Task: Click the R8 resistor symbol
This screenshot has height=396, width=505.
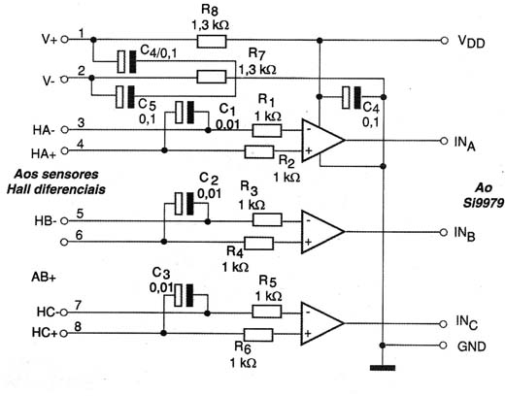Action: [x=212, y=42]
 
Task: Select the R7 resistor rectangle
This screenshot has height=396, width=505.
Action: [x=212, y=77]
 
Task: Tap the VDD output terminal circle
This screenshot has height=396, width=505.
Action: [x=445, y=41]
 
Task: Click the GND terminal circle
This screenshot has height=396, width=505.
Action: [x=443, y=346]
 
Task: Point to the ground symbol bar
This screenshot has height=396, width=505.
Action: [x=383, y=368]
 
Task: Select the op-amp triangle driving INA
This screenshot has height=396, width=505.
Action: [x=322, y=140]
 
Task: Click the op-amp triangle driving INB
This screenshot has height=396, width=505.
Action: [x=322, y=232]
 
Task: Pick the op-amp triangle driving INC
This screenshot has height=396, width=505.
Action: [x=322, y=323]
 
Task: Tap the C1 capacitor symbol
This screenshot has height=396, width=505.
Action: [x=185, y=113]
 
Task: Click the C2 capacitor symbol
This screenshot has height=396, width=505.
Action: [x=184, y=204]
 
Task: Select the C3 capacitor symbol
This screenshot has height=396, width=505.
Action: [x=184, y=295]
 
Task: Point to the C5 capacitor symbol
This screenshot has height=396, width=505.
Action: [x=125, y=97]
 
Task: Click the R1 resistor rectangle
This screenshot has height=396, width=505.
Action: [x=267, y=131]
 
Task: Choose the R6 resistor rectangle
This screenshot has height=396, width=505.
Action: [x=258, y=335]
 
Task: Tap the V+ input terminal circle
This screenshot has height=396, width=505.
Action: [x=65, y=40]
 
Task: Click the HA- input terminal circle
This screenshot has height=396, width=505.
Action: [x=65, y=130]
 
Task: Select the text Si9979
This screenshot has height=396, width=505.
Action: [x=484, y=203]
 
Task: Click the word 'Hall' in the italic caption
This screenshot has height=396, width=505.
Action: [x=18, y=189]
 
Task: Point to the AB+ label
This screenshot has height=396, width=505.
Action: [x=44, y=278]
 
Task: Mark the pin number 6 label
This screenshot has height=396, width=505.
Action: [x=79, y=235]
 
